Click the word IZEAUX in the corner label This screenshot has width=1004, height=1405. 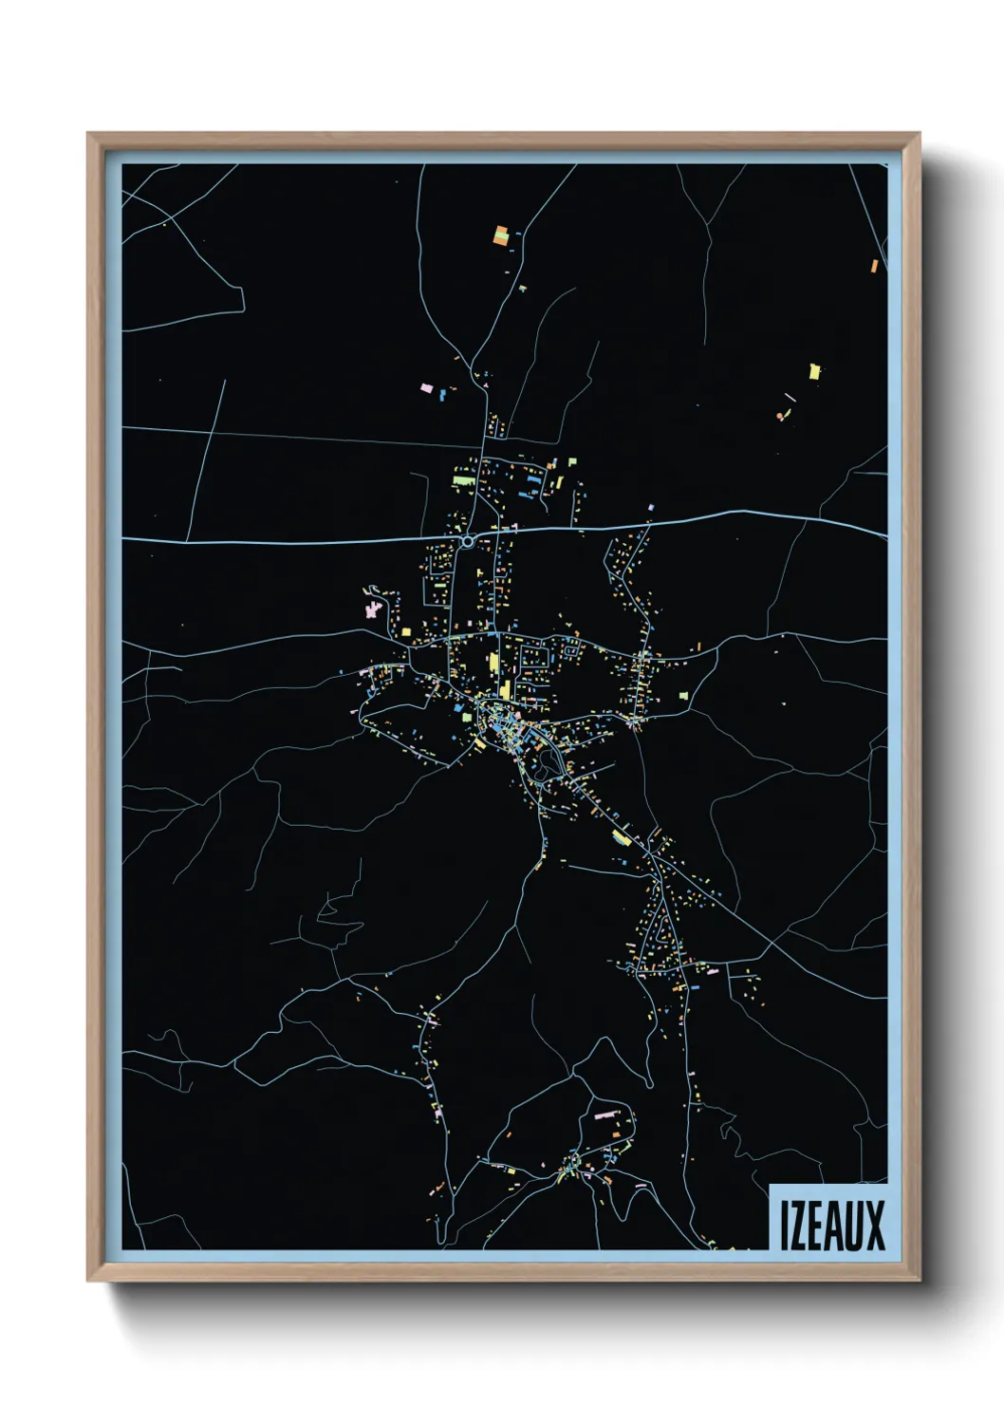[831, 1226]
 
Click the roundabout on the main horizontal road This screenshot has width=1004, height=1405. [467, 541]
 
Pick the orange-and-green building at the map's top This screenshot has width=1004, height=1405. [501, 234]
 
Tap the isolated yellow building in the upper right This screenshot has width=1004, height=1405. [814, 370]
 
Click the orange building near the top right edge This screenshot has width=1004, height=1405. [874, 266]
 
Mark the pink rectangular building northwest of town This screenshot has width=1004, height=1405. [427, 388]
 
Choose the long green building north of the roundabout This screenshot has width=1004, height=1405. [463, 481]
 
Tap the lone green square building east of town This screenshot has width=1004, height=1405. [683, 696]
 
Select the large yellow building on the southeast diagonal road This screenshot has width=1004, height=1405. [622, 837]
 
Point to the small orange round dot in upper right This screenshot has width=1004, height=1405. [780, 416]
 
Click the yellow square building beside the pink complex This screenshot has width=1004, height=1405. [406, 630]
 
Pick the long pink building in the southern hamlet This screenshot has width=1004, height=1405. [606, 1115]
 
